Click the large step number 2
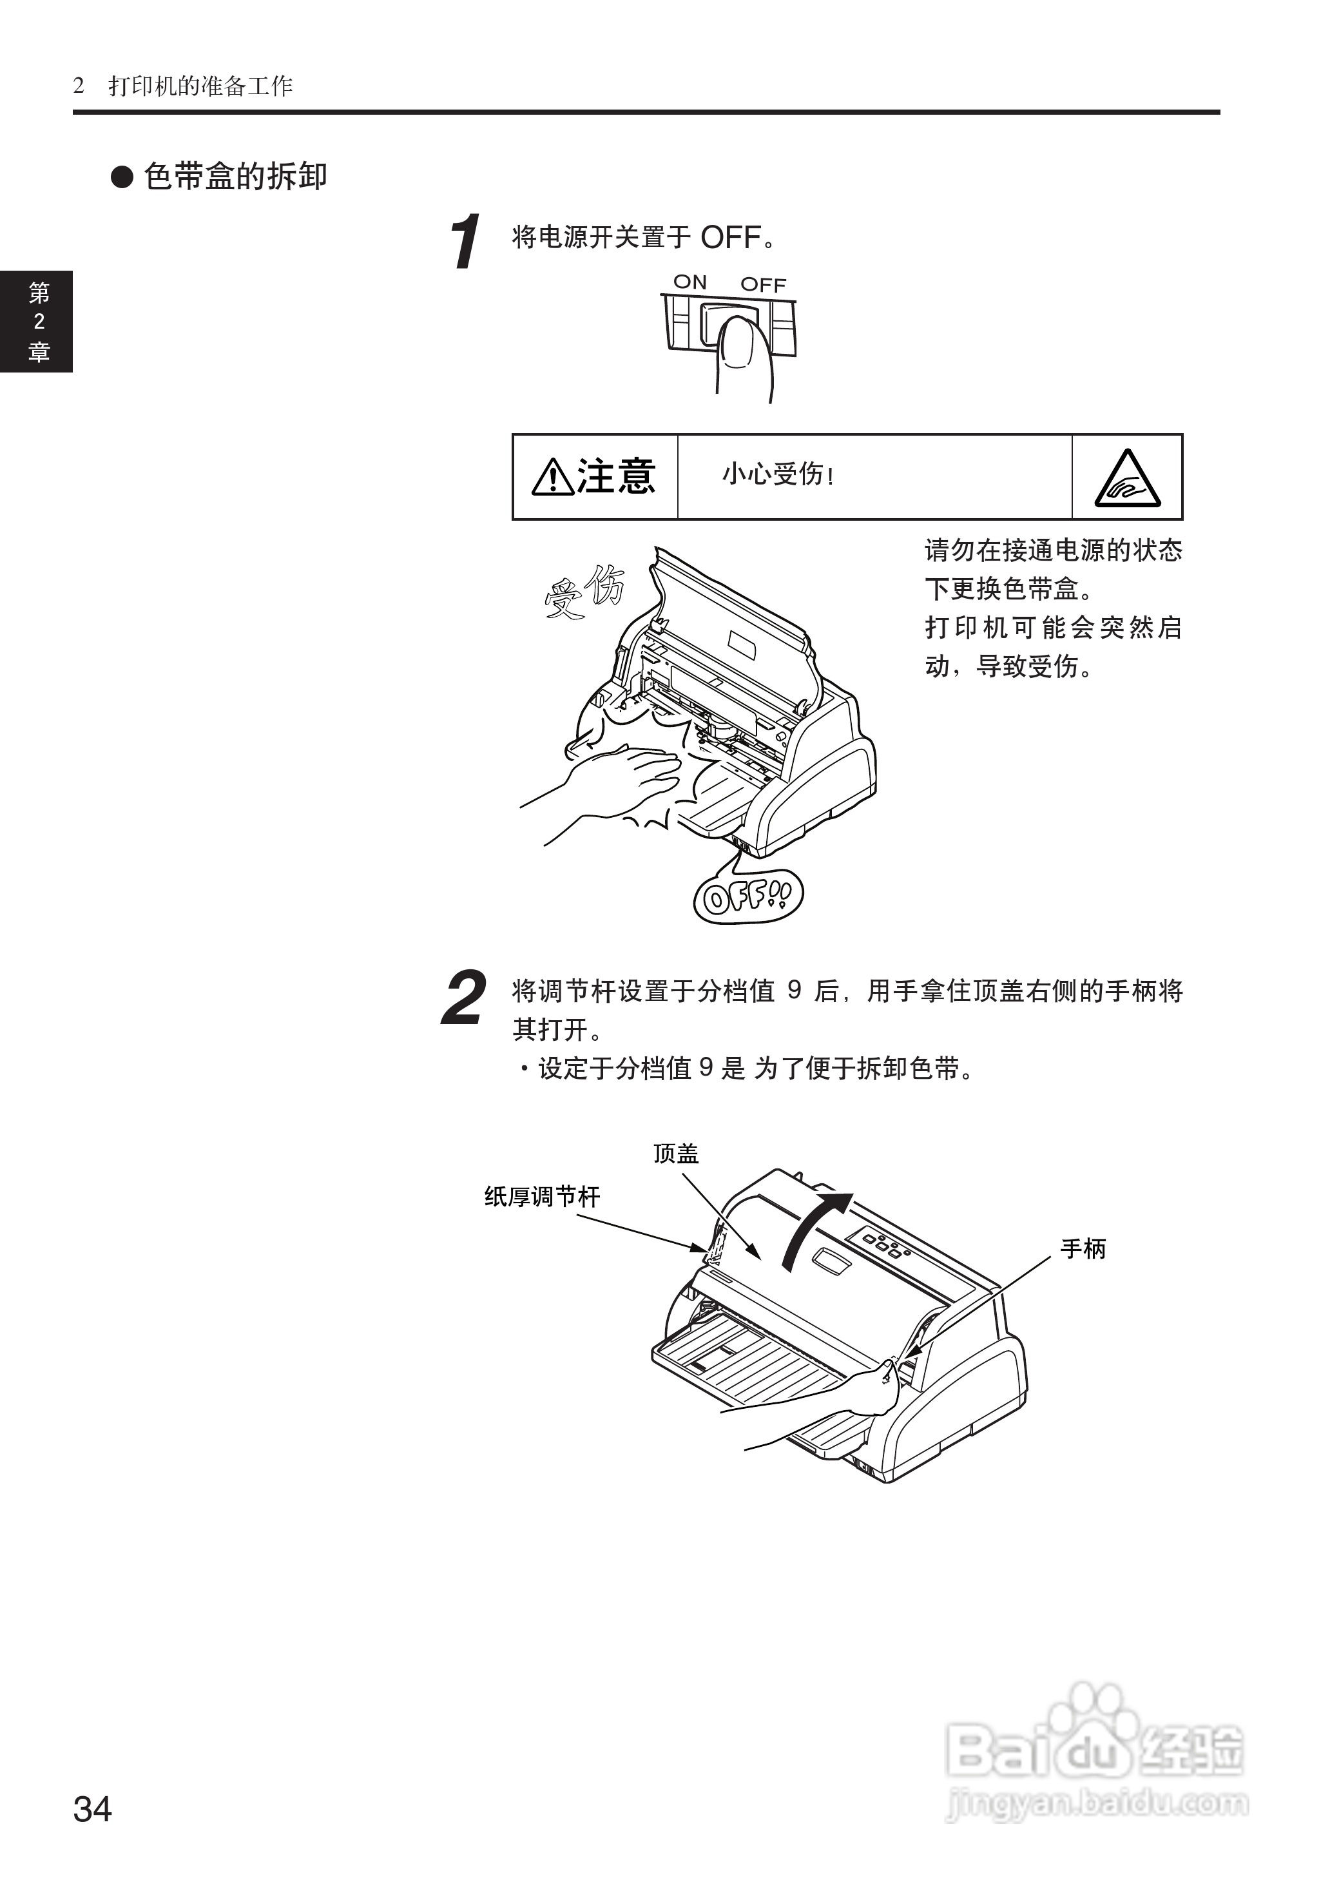tap(463, 998)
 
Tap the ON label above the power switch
tap(689, 282)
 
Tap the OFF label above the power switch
tap(764, 284)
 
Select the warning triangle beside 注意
tap(553, 478)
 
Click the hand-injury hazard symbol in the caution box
tap(1128, 479)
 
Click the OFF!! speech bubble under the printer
tap(747, 897)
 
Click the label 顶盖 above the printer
tap(676, 1153)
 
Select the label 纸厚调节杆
tap(542, 1197)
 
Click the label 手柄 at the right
tap(1083, 1249)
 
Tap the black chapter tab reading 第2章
tap(37, 322)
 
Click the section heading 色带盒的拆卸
tap(236, 177)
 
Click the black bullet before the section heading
tap(122, 177)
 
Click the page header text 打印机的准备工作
tap(200, 86)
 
